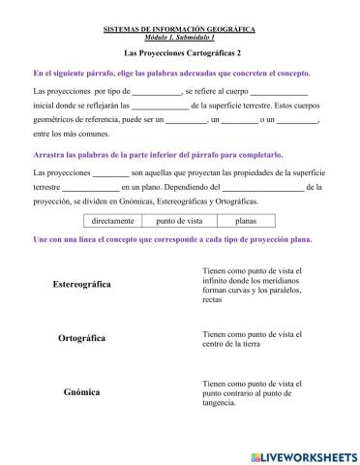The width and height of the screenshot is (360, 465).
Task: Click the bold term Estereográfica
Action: (x=82, y=285)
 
